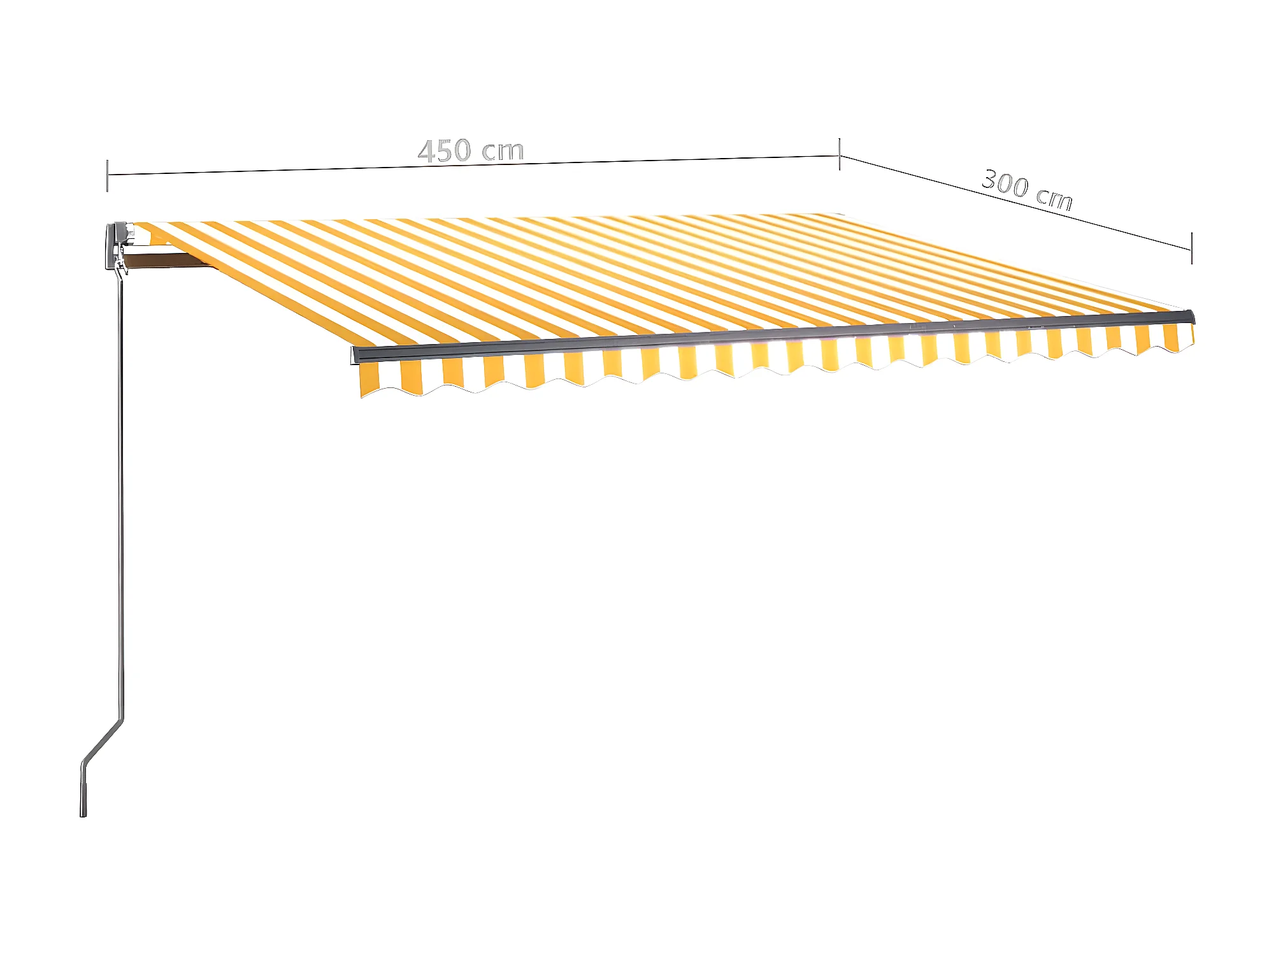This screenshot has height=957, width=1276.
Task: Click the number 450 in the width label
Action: pos(445,151)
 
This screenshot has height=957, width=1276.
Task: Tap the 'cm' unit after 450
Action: pos(503,150)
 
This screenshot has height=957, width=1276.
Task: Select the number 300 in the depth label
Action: pos(1005,182)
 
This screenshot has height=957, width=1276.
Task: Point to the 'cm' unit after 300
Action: pos(1054,198)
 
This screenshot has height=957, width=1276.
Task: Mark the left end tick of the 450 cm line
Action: pos(107,175)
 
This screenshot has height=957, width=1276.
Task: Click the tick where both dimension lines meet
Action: pos(839,155)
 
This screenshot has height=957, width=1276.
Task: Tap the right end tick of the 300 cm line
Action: pos(1191,248)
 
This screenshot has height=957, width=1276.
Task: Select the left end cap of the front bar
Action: pos(355,355)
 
